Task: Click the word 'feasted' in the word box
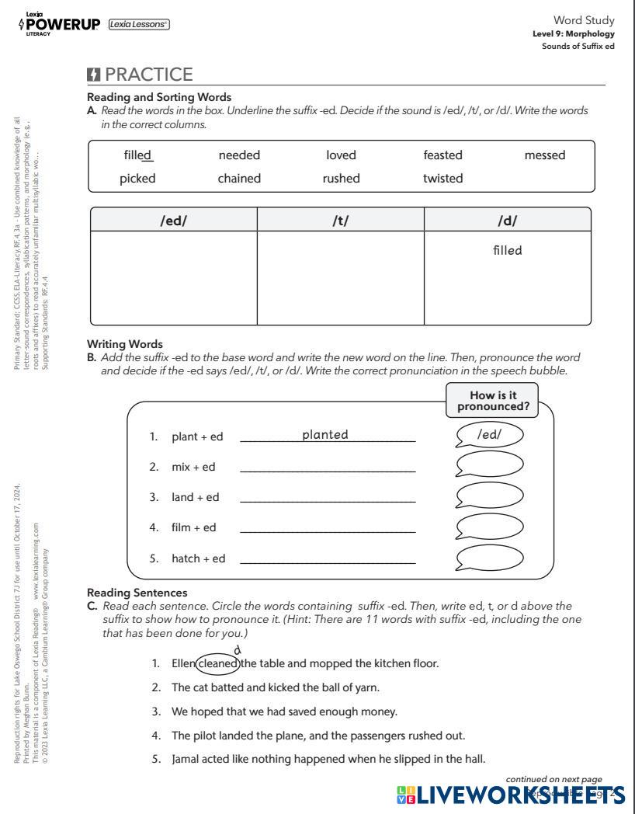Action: pyautogui.click(x=442, y=155)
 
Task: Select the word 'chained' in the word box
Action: pyautogui.click(x=239, y=179)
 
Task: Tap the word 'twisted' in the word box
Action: pyautogui.click(x=442, y=179)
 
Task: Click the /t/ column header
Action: pyautogui.click(x=340, y=221)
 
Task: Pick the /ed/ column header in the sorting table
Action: pyautogui.click(x=174, y=221)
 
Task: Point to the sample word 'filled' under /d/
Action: pyautogui.click(x=508, y=251)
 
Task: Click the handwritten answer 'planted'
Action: pyautogui.click(x=325, y=435)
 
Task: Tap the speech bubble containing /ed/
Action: pyautogui.click(x=489, y=435)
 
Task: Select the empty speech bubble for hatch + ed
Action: pyautogui.click(x=489, y=558)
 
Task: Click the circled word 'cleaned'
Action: pyautogui.click(x=218, y=664)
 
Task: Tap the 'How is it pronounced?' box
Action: pyautogui.click(x=493, y=401)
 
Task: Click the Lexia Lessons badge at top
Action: pyautogui.click(x=139, y=24)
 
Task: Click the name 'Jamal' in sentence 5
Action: pyautogui.click(x=186, y=759)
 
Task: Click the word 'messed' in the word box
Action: pyautogui.click(x=544, y=155)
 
